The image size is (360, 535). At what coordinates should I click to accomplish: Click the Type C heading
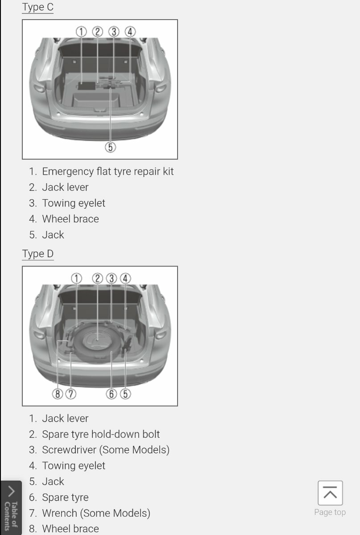pos(38,7)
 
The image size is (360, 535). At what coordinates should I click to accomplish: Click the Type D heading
pos(38,254)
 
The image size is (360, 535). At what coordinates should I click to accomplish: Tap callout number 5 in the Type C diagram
pos(111,147)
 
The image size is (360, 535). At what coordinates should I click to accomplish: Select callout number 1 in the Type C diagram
pos(81,32)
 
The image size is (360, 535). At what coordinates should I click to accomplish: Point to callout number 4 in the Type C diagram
pos(130,32)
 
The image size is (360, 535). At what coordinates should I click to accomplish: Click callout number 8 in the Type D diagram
pos(58,394)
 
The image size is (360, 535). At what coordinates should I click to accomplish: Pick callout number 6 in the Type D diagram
pos(112,394)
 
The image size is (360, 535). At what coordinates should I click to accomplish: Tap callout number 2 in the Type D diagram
pos(98,279)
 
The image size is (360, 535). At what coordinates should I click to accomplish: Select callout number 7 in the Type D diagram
pos(71,394)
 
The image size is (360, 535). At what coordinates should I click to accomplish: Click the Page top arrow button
pos(330,493)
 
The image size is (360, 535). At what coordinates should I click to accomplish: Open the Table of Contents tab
pos(11,508)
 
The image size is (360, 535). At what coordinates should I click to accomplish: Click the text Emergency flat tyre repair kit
pos(108,172)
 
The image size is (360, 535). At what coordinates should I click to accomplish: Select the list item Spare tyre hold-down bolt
pos(101,434)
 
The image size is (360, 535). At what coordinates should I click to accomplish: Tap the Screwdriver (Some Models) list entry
pos(106,450)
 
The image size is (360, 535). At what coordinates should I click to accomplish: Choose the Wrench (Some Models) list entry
pos(96,513)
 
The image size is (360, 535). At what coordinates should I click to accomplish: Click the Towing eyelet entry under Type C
pos(74,203)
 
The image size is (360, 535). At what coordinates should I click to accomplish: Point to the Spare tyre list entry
pos(65,498)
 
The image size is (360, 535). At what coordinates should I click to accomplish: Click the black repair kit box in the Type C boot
pos(86,86)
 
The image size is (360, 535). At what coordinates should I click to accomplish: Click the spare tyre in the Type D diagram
pos(97,342)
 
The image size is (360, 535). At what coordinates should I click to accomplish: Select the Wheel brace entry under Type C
pos(70,219)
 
